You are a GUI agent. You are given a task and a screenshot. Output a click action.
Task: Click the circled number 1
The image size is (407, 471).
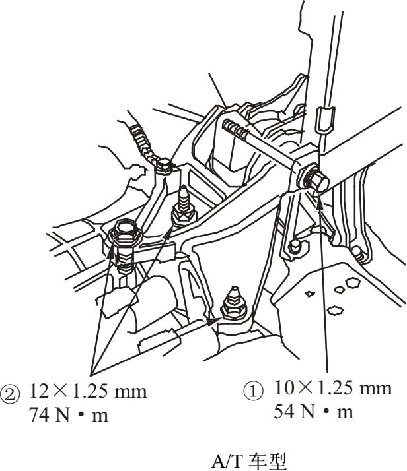253,391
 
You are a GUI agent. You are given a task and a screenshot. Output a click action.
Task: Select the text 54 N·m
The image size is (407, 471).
313,412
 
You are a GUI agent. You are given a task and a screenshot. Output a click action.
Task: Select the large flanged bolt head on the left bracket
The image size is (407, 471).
125,232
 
